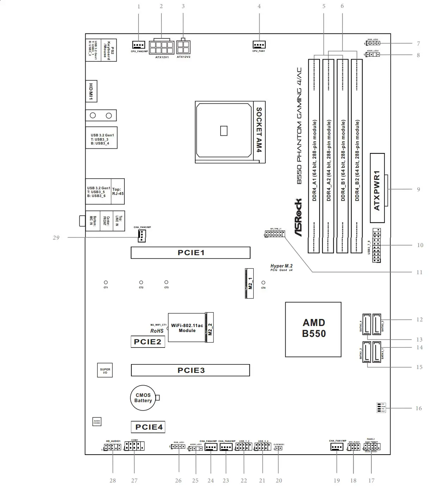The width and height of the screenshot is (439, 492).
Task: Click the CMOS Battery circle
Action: coord(143,398)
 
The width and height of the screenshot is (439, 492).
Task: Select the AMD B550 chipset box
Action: coord(313,329)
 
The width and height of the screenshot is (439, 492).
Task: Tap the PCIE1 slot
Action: coord(190,253)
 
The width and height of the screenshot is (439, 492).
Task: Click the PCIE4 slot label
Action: coord(148,427)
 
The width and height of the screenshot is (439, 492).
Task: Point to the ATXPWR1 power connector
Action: coord(377,188)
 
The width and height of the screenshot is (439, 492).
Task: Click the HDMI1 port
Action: coord(91,91)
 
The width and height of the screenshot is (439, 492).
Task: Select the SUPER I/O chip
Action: coord(105,370)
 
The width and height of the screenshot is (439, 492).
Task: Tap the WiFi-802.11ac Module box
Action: coord(187,327)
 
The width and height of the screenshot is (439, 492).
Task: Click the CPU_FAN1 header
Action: coord(259,45)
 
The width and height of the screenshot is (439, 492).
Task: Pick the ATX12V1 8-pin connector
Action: coord(162,46)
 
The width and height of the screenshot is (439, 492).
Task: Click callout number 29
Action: coord(56,238)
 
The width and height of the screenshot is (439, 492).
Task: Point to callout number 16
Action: coord(419,408)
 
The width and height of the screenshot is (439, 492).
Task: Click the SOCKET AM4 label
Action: coord(259,130)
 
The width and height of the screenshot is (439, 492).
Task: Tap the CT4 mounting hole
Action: coord(263,283)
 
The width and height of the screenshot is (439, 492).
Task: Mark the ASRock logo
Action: coord(298,217)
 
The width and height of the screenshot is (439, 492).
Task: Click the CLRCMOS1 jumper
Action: coord(278,448)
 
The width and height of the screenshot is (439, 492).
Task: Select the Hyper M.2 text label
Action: coord(281,266)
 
